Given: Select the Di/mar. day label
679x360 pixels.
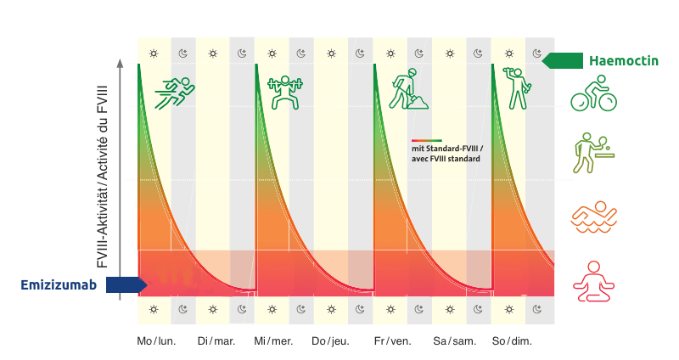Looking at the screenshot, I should [x=216, y=341].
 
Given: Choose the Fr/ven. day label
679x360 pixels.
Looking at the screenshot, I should [x=393, y=341].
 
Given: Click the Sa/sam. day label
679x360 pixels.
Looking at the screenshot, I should [x=452, y=341].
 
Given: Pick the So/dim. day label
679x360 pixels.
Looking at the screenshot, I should [x=512, y=341].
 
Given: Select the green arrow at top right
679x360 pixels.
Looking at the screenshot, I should [x=561, y=60].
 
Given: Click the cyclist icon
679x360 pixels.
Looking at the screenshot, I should [x=593, y=93].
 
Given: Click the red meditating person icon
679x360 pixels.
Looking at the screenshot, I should [x=593, y=278].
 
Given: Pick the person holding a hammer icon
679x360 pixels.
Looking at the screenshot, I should [x=516, y=88].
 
